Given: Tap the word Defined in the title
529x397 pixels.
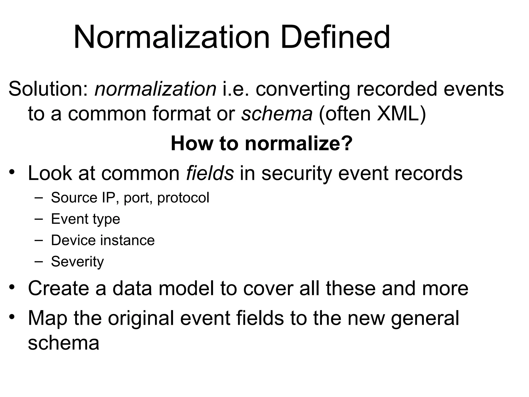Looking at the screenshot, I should [335, 37].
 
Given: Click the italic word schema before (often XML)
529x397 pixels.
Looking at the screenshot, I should [277, 114].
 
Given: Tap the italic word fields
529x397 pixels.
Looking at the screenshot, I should [210, 173].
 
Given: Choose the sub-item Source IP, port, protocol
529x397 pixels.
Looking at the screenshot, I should [130, 198].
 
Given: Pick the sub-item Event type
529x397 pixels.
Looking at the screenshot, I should [85, 219].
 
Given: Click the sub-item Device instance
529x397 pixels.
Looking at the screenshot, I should [103, 240].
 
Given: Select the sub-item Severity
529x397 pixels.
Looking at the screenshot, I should [77, 262].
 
